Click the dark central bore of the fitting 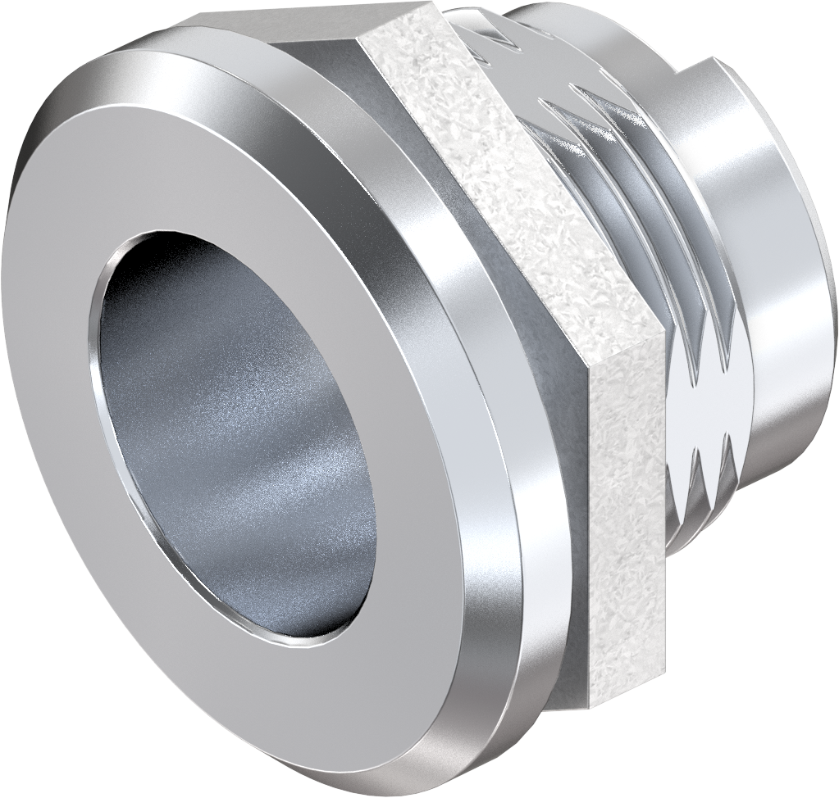pyautogui.click(x=238, y=442)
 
